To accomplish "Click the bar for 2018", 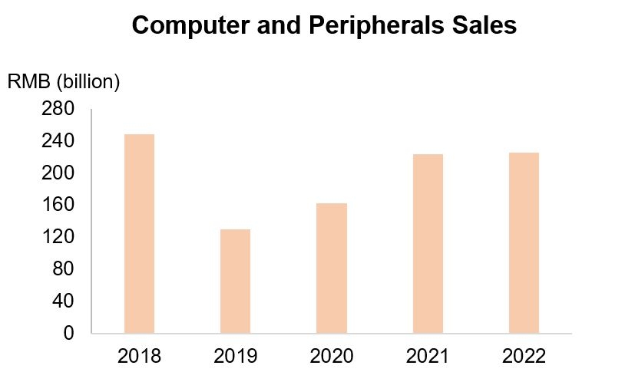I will tap(139, 234).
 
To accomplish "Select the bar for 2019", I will tap(235, 281).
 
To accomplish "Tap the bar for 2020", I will tap(332, 268).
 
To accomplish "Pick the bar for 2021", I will tap(428, 244).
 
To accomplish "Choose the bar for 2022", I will tap(524, 243).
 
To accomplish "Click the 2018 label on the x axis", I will tap(139, 356).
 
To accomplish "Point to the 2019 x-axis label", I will tap(235, 356).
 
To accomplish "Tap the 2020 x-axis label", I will tap(332, 356).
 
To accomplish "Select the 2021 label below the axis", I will tap(428, 356).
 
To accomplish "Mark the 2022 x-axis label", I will tap(524, 356).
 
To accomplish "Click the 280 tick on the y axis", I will tap(58, 110).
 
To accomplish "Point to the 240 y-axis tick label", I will tap(58, 142).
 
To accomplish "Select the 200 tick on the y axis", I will tap(58, 173).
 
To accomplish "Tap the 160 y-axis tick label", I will tap(58, 206).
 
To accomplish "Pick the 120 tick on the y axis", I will tap(58, 237).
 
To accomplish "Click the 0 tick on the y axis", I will tap(68, 334).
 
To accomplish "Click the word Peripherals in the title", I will tap(372, 25).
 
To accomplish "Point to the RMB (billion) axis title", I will tap(63, 82).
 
